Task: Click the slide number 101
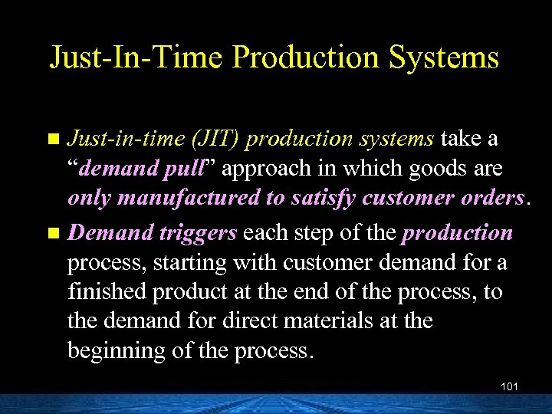click(x=509, y=386)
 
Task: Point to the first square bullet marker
click(x=53, y=140)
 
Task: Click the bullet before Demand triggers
click(x=53, y=233)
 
